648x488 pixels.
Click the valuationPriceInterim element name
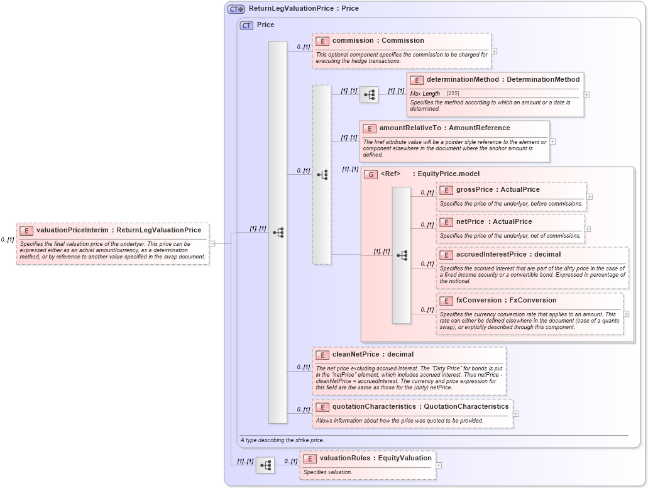pyautogui.click(x=71, y=230)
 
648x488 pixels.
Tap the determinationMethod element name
pyautogui.click(x=463, y=79)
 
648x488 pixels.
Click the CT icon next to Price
pyautogui.click(x=246, y=25)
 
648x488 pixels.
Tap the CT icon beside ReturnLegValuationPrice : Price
pyautogui.click(x=236, y=9)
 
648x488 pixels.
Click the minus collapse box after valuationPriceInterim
pyautogui.click(x=212, y=243)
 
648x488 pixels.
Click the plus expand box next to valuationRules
pyautogui.click(x=439, y=465)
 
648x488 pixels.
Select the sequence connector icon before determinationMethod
pyautogui.click(x=369, y=95)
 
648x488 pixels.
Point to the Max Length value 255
pyautogui.click(x=453, y=93)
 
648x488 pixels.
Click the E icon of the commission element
pyautogui.click(x=322, y=41)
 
